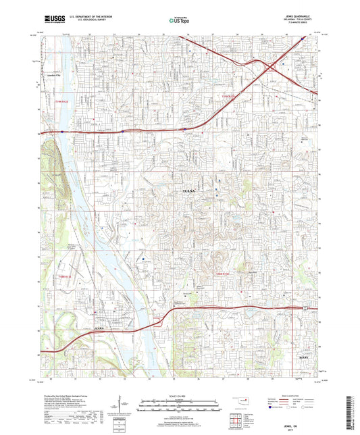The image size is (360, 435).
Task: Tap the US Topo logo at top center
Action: coord(180,21)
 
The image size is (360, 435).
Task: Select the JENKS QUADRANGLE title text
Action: coord(297,14)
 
